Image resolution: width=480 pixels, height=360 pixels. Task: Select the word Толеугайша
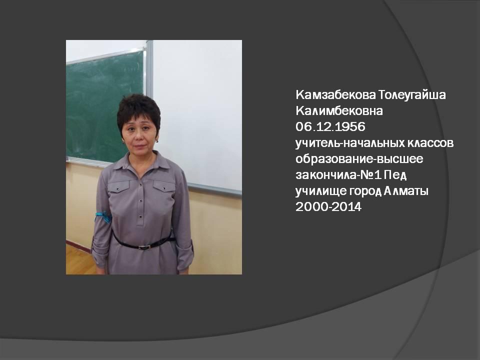click(416, 95)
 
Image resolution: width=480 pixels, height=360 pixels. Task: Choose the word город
click(361, 190)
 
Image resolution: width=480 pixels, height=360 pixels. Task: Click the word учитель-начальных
click(348, 143)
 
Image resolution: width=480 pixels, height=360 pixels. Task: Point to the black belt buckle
click(144, 246)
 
